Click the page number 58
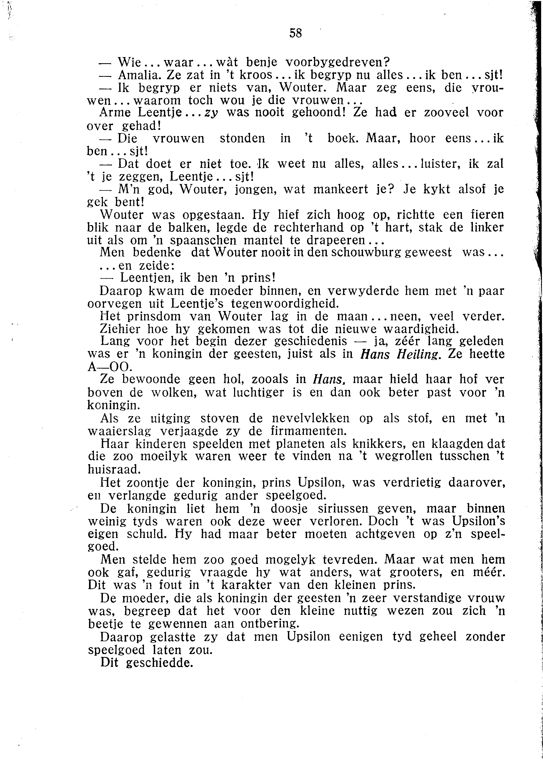(296, 33)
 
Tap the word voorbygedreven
(338, 62)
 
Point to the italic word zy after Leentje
(211, 113)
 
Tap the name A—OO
(109, 367)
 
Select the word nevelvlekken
(311, 419)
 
